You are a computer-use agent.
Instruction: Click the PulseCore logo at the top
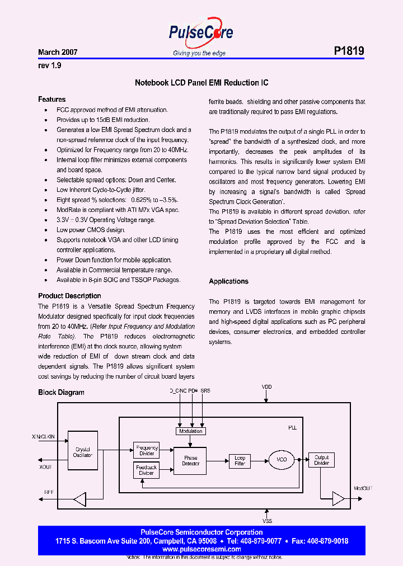(200, 34)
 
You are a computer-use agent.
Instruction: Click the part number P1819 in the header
(349, 51)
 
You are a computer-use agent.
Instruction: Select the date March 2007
(58, 52)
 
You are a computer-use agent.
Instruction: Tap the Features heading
(51, 100)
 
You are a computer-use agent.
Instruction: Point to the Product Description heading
(69, 296)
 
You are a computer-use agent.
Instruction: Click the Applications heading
(228, 281)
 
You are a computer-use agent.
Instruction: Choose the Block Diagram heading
(61, 392)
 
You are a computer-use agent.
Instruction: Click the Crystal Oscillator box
(83, 452)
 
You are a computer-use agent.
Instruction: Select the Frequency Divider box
(147, 450)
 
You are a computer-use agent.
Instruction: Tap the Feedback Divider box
(147, 470)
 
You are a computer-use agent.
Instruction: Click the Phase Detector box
(190, 461)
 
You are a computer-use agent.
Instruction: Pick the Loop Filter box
(240, 461)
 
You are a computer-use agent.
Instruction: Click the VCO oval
(282, 460)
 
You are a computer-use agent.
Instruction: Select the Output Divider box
(321, 460)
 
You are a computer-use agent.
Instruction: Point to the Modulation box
(190, 431)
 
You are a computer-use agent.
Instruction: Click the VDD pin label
(266, 386)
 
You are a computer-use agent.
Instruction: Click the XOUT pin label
(45, 467)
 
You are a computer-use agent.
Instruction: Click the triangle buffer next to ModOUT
(339, 497)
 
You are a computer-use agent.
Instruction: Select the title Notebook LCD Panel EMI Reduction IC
(201, 83)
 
